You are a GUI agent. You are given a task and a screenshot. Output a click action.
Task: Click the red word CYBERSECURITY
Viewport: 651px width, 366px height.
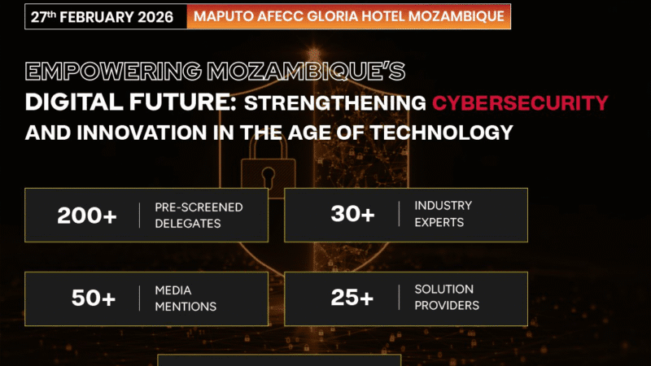click(x=520, y=102)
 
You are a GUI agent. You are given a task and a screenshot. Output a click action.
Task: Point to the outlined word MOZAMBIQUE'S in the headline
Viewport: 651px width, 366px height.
click(x=317, y=72)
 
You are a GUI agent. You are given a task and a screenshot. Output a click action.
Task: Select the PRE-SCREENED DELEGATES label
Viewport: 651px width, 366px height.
click(x=199, y=215)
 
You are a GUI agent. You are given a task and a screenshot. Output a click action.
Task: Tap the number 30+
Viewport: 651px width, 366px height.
click(x=352, y=215)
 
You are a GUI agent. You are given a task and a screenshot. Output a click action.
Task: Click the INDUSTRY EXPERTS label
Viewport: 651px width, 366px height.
click(x=443, y=215)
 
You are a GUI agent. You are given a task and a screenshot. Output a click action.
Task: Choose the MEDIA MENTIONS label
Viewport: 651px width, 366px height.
click(x=186, y=298)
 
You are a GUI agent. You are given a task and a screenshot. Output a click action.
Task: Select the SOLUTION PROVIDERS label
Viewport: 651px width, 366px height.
click(x=447, y=298)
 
